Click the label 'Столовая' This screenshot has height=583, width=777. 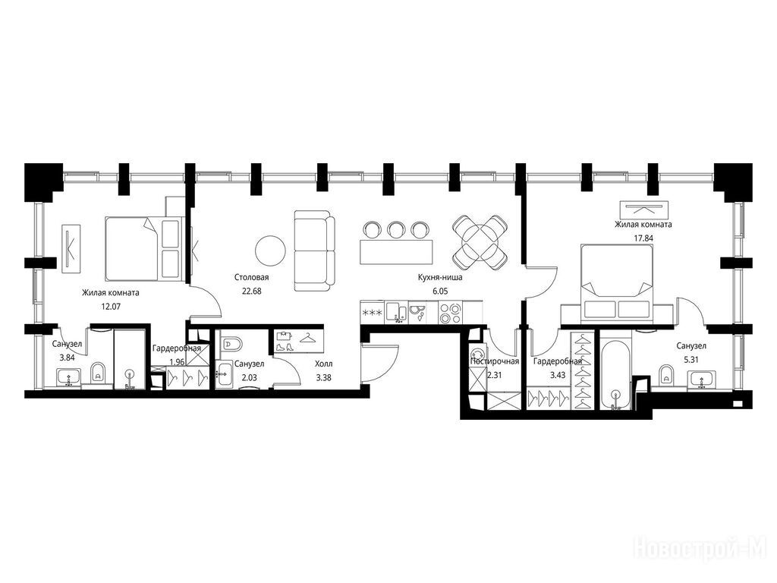click(x=251, y=278)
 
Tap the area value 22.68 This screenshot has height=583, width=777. click(x=251, y=291)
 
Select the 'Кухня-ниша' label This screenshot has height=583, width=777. click(x=439, y=278)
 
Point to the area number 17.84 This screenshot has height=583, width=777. click(x=643, y=238)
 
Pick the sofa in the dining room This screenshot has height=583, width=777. click(x=312, y=251)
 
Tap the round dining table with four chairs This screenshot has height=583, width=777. click(x=480, y=241)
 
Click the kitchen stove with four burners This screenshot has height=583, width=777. click(x=450, y=313)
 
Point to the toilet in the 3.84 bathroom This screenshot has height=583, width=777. click(x=99, y=373)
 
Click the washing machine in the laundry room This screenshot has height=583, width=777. click(x=478, y=355)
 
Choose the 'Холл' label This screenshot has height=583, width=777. click(x=323, y=364)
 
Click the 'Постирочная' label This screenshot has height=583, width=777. click(x=495, y=361)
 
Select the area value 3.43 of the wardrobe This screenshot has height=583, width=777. click(x=558, y=375)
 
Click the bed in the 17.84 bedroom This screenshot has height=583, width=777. click(x=616, y=281)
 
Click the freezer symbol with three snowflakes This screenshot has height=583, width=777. click(x=373, y=314)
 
